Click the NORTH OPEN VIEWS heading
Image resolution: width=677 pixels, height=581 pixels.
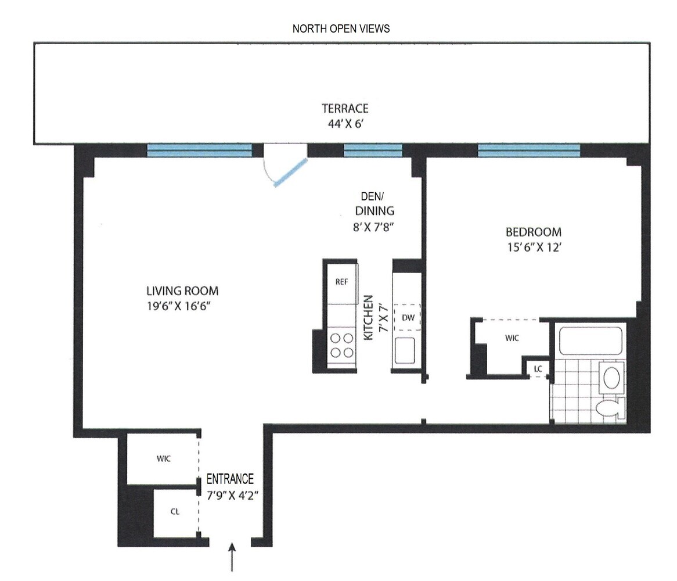pyautogui.click(x=341, y=28)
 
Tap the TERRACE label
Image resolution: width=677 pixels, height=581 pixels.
pyautogui.click(x=345, y=109)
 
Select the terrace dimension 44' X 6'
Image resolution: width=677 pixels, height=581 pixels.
pyautogui.click(x=345, y=123)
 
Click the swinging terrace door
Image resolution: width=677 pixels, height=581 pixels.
pyautogui.click(x=289, y=173)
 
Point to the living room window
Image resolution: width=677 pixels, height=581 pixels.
pyautogui.click(x=199, y=150)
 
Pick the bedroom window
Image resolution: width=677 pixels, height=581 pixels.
pyautogui.click(x=528, y=150)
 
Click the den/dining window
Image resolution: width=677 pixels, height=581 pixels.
pyautogui.click(x=372, y=150)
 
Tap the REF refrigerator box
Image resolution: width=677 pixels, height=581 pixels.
pyautogui.click(x=342, y=282)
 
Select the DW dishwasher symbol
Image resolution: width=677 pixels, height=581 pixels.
pyautogui.click(x=407, y=317)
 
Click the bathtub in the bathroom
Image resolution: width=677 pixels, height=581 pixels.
pyautogui.click(x=590, y=341)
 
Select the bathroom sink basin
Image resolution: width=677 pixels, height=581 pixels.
pyautogui.click(x=612, y=378)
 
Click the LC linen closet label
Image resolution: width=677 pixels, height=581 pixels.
pyautogui.click(x=538, y=368)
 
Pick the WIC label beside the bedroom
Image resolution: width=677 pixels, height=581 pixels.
pyautogui.click(x=511, y=338)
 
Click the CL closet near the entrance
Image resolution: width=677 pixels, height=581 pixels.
pyautogui.click(x=175, y=511)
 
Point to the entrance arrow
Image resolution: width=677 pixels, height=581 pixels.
pyautogui.click(x=233, y=557)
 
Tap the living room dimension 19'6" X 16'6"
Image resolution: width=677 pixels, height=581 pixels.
pyautogui.click(x=182, y=306)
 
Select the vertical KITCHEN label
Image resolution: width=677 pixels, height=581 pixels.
pyautogui.click(x=368, y=317)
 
